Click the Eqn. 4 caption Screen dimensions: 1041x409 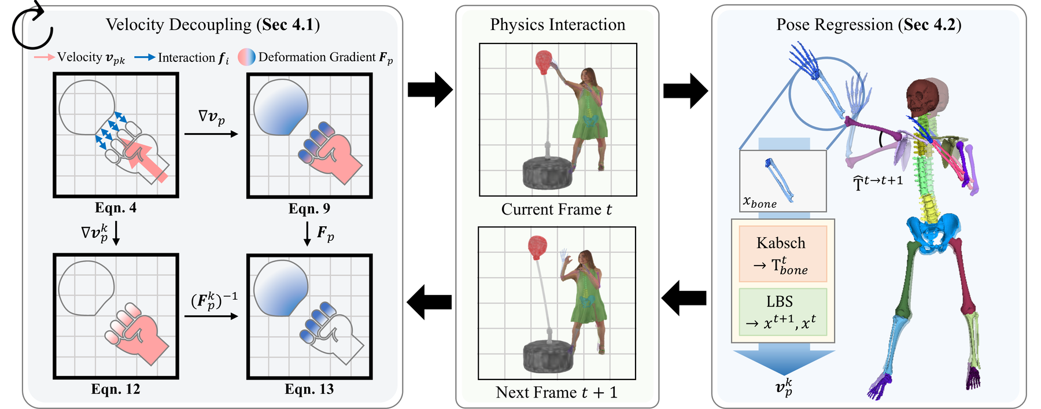pos(116,208)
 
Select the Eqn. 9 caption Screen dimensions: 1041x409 pos(309,208)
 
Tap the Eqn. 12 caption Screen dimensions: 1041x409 pos(116,389)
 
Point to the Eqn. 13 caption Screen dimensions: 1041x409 pos(309,389)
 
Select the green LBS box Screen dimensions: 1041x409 pos(782,312)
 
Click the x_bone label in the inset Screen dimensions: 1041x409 pos(760,202)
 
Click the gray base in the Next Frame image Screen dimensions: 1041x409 pos(549,356)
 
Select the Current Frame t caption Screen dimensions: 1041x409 pos(557,209)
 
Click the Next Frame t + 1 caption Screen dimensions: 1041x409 pos(557,393)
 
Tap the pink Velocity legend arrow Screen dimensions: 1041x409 pos(45,57)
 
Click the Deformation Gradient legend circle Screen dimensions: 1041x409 pos(247,57)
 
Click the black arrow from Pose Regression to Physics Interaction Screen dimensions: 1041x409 pos(684,299)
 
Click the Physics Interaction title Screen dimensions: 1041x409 pos(558,25)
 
